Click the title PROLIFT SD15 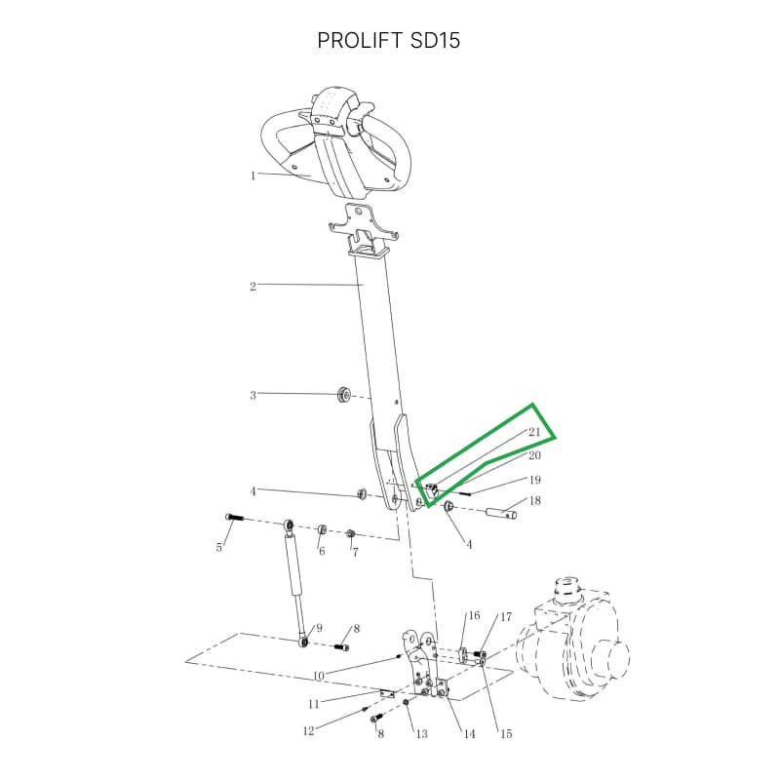(388, 40)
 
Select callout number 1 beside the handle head (253, 175)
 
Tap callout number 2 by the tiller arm (253, 287)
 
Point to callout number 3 (253, 396)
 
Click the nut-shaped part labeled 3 (343, 395)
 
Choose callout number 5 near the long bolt (218, 548)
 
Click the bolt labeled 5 (234, 518)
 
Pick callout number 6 (322, 551)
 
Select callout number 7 (355, 552)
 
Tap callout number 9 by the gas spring (319, 628)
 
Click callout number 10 (319, 676)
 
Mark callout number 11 (313, 704)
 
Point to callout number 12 (308, 730)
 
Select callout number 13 (422, 734)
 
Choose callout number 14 (470, 734)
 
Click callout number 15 (506, 734)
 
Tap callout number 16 (474, 616)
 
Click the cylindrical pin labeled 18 (501, 512)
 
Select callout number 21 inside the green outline (534, 432)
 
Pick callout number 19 (534, 480)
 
